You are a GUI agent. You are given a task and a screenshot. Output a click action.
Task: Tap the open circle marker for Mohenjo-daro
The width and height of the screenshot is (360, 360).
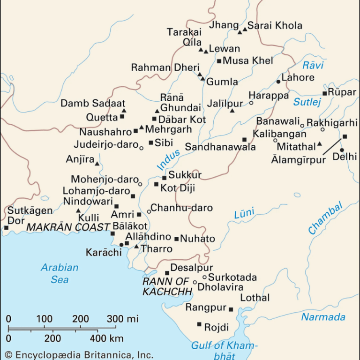(140, 184)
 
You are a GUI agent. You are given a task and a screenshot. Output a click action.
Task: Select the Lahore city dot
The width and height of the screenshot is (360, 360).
(278, 82)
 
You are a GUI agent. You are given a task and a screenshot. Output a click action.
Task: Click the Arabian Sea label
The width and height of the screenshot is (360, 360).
(60, 273)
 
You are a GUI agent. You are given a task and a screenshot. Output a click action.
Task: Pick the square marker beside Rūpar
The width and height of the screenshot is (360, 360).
(324, 93)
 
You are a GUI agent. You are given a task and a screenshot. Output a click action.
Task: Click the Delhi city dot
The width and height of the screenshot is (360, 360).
(342, 150)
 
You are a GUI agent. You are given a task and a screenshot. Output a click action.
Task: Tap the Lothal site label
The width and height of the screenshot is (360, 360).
(255, 298)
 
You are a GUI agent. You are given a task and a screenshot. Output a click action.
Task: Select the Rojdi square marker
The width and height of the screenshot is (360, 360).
(199, 324)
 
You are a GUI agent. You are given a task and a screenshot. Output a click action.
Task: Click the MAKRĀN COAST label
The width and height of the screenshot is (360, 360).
(67, 227)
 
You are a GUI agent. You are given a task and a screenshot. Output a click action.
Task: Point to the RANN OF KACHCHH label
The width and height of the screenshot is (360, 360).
(167, 286)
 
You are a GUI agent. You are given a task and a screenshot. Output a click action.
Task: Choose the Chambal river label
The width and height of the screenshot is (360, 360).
(325, 218)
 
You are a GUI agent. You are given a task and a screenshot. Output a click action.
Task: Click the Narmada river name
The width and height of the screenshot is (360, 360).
(323, 317)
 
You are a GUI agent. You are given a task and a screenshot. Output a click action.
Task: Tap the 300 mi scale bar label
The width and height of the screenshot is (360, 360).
(123, 319)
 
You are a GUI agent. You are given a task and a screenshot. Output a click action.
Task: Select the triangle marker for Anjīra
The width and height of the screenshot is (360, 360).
(97, 164)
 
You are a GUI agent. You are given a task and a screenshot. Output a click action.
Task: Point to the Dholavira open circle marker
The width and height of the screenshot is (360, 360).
(195, 282)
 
